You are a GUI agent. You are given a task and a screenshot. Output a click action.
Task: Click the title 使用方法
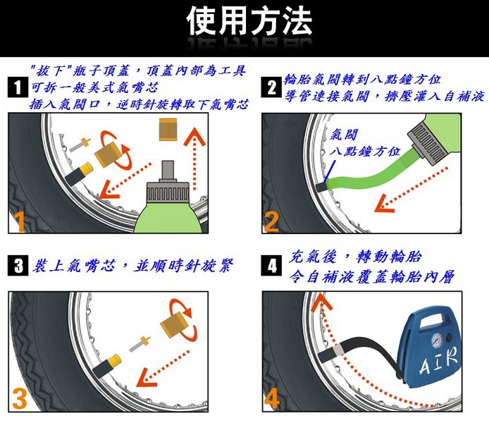(249, 20)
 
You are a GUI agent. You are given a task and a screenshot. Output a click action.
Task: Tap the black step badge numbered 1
(18, 87)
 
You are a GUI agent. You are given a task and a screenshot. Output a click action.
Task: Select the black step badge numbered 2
(271, 87)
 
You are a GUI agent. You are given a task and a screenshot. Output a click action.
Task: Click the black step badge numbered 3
(18, 266)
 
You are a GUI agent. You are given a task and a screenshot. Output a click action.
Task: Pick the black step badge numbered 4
(271, 266)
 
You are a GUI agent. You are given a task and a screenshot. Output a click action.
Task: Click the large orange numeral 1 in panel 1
(20, 222)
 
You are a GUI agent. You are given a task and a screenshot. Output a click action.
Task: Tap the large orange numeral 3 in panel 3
(20, 400)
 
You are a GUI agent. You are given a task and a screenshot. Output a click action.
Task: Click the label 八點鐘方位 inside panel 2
(364, 152)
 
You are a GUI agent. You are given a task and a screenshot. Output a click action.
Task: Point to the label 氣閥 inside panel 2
(344, 135)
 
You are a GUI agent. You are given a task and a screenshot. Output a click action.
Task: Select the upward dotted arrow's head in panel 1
(194, 136)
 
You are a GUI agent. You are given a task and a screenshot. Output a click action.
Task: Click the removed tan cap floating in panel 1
(168, 129)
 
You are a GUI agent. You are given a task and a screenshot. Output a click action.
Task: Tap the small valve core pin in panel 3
(140, 344)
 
